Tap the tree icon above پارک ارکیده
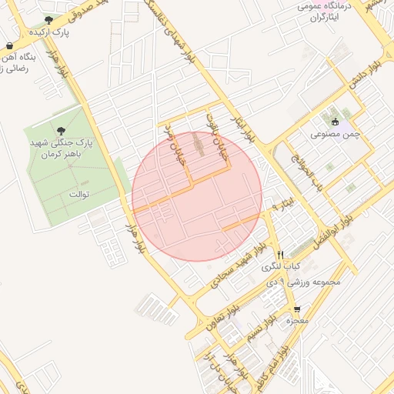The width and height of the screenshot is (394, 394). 49,20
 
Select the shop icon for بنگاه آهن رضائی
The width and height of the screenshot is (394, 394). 8,46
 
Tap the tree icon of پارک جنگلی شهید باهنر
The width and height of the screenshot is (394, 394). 61,130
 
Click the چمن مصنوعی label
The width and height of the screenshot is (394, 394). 332,134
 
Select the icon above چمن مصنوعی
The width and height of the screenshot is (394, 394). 334,121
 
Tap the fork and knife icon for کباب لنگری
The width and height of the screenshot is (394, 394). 281,255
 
